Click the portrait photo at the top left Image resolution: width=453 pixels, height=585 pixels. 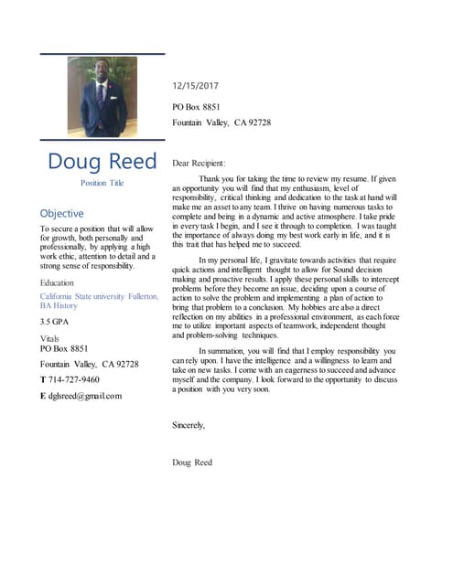pos(102,97)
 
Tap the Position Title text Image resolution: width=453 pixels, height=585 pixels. pos(102,184)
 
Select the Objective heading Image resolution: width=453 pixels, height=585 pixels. pos(62,214)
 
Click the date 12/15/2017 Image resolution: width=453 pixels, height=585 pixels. pos(197,87)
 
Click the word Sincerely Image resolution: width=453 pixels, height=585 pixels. pos(189,425)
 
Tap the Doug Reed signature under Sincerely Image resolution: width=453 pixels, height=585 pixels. pos(192,462)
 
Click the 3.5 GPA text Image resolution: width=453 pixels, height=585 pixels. pos(57,323)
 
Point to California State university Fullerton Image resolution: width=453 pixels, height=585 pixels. pos(99,296)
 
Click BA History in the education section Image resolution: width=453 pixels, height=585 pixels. pos(59,306)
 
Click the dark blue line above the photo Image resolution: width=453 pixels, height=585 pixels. pos(102,53)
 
